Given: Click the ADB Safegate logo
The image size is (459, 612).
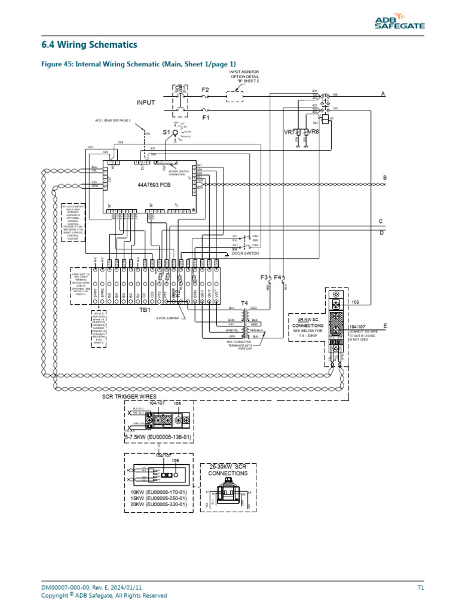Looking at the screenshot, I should tap(399, 23).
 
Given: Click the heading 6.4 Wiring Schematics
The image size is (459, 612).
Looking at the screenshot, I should tap(89, 45).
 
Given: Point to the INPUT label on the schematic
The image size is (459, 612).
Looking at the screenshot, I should tap(145, 103).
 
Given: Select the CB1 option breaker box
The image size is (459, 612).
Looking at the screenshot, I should tap(180, 100).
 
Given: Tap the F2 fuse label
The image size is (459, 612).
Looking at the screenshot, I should tap(206, 89).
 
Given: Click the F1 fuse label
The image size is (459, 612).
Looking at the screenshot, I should tap(206, 118).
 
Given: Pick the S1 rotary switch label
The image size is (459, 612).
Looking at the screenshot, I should tap(167, 131).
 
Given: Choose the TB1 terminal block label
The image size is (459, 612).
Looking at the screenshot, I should tap(145, 311).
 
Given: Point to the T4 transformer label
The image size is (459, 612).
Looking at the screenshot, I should tap(244, 304).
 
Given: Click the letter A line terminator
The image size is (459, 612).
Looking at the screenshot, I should tap(383, 94).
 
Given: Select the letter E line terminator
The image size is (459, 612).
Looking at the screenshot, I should tap(385, 326).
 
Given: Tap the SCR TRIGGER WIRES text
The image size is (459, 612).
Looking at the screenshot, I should tap(129, 396).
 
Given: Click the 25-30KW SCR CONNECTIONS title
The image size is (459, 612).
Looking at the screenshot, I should tap(228, 469).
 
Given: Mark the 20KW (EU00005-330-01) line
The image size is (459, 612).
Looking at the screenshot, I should tap(158, 504).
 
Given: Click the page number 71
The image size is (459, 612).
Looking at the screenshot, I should tap(420, 587).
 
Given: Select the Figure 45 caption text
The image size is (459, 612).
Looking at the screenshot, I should tap(138, 64).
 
